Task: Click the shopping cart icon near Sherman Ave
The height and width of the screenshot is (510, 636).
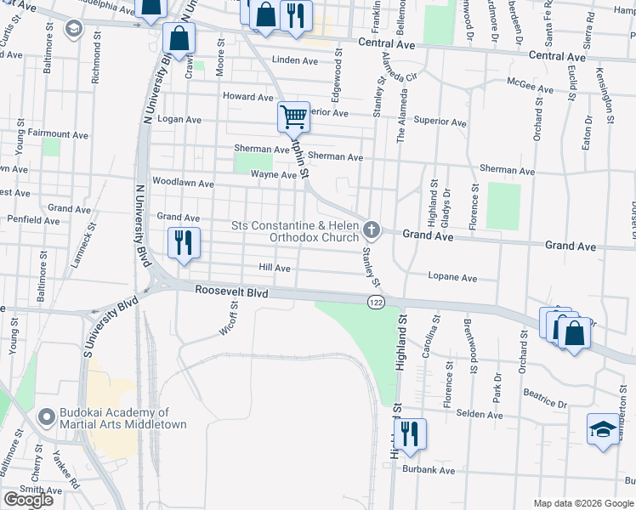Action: click(293, 116)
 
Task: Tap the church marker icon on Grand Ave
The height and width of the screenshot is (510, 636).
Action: click(371, 229)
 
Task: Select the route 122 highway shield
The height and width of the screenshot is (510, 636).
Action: click(375, 303)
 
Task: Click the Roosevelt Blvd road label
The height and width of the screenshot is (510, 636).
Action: click(231, 291)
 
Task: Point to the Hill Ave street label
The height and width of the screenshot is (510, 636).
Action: click(275, 268)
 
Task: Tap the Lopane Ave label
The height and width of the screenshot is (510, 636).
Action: click(451, 277)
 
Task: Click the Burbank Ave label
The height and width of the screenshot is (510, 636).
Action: click(429, 470)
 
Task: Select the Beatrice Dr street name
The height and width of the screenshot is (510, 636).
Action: click(545, 399)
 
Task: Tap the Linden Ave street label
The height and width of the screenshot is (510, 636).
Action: click(294, 60)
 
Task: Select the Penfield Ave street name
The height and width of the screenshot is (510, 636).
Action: click(34, 219)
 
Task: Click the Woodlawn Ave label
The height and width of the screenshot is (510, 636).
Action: click(181, 182)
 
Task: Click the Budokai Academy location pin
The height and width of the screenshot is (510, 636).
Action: click(48, 418)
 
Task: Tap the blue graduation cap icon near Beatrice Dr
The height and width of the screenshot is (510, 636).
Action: click(602, 428)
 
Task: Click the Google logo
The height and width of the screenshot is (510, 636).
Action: click(28, 500)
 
